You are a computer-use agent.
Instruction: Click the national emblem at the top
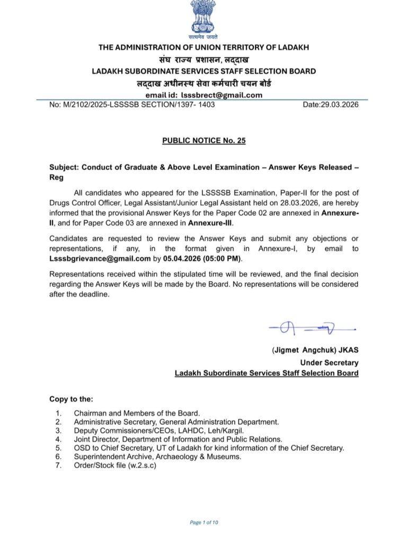coord(203,17)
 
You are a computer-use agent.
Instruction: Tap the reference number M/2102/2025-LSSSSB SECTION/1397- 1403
coord(132,104)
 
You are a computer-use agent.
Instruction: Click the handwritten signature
coord(312,330)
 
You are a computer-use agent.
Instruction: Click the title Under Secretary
coord(329,363)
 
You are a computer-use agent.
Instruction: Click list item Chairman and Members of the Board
coord(137,413)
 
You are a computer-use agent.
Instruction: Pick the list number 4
coord(58,439)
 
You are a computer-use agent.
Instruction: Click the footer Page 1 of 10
coord(203,522)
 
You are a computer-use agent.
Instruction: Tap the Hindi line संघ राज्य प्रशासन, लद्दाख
coord(204,59)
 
